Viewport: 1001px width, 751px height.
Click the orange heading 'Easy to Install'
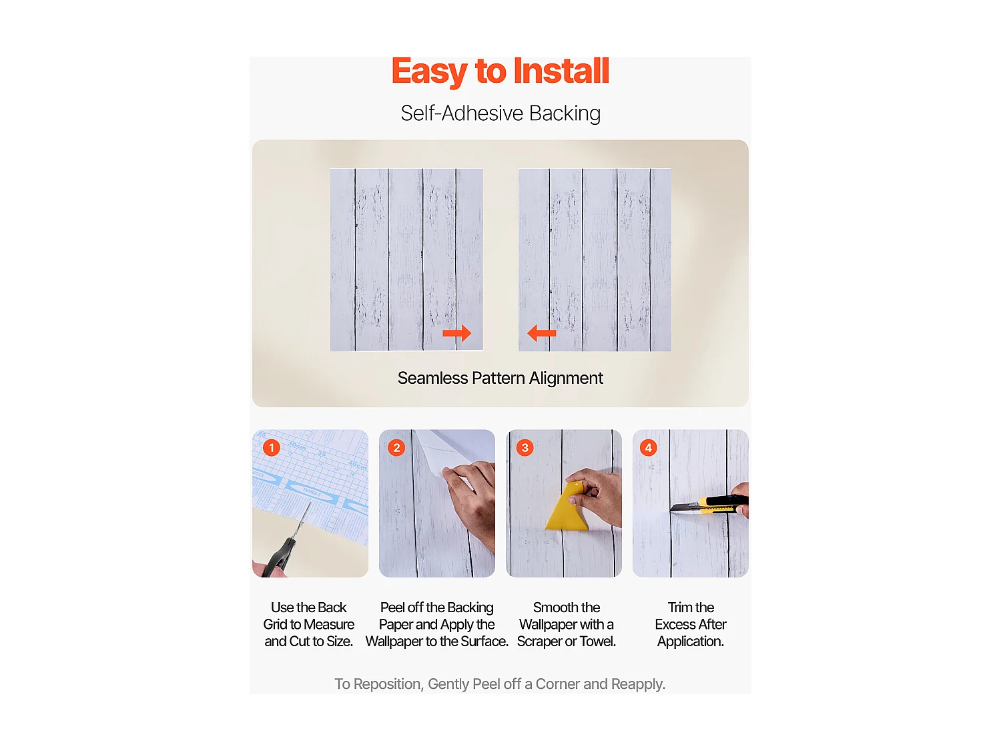500,71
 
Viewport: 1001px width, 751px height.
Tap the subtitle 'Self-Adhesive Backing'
500,113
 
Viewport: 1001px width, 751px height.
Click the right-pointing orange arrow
456,332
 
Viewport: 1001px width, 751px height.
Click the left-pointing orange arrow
542,332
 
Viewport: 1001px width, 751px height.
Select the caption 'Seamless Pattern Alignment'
500,378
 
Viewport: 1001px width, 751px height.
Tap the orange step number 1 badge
271,447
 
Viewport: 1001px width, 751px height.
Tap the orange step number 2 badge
396,447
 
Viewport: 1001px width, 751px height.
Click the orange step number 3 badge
525,447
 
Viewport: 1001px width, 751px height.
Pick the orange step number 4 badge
648,447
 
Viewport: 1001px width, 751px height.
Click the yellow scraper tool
568,511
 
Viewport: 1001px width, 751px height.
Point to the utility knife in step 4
707,505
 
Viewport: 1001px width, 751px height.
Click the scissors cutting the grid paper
287,544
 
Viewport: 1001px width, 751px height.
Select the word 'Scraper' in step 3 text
539,642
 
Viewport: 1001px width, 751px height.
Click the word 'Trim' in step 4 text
680,607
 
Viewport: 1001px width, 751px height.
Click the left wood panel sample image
406,259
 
